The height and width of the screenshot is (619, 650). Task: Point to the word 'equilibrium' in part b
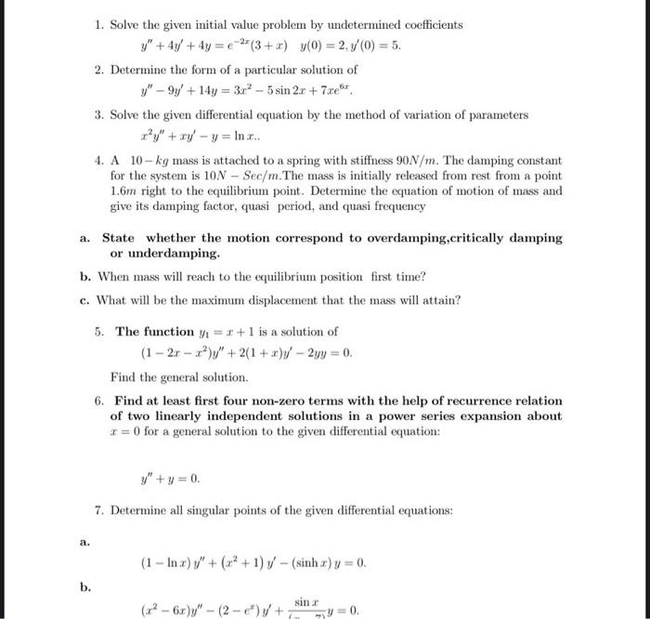(x=296, y=277)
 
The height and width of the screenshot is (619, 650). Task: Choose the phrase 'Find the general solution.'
(x=179, y=378)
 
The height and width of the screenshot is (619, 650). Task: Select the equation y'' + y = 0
(x=168, y=481)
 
